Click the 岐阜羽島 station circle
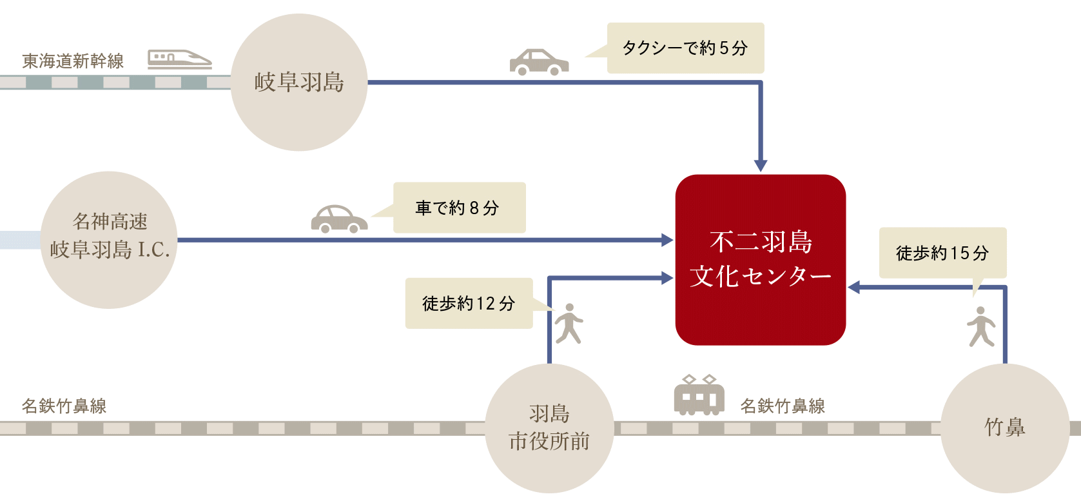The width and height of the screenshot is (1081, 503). pos(298,83)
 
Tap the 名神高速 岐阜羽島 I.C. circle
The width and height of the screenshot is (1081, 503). pos(110,239)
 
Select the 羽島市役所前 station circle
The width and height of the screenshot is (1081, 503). pos(549,428)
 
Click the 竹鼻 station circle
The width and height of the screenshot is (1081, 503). pos(1004,428)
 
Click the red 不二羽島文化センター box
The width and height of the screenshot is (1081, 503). pos(761,259)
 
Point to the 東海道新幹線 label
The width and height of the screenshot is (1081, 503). pos(73,61)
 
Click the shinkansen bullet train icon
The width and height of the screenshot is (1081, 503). pos(179,59)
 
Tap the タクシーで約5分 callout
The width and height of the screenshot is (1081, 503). pos(685,48)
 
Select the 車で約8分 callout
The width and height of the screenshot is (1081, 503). pos(459,208)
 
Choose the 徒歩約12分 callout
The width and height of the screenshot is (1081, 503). pos(469,303)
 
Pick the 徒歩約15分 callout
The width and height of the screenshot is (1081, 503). pos(942,253)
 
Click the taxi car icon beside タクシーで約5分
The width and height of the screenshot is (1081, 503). pos(539,62)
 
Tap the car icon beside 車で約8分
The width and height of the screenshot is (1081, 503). pos(339,219)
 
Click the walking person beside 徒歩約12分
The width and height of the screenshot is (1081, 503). pos(569,324)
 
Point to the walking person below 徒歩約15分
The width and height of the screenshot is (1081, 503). pos(981,327)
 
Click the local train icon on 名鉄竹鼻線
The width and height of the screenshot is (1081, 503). pos(699,395)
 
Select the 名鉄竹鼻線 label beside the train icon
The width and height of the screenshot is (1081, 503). pos(783,406)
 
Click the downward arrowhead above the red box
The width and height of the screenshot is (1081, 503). pos(761,165)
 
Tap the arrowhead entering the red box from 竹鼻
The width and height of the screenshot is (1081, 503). pos(854,287)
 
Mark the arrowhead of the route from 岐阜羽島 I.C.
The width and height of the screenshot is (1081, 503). pos(667,240)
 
